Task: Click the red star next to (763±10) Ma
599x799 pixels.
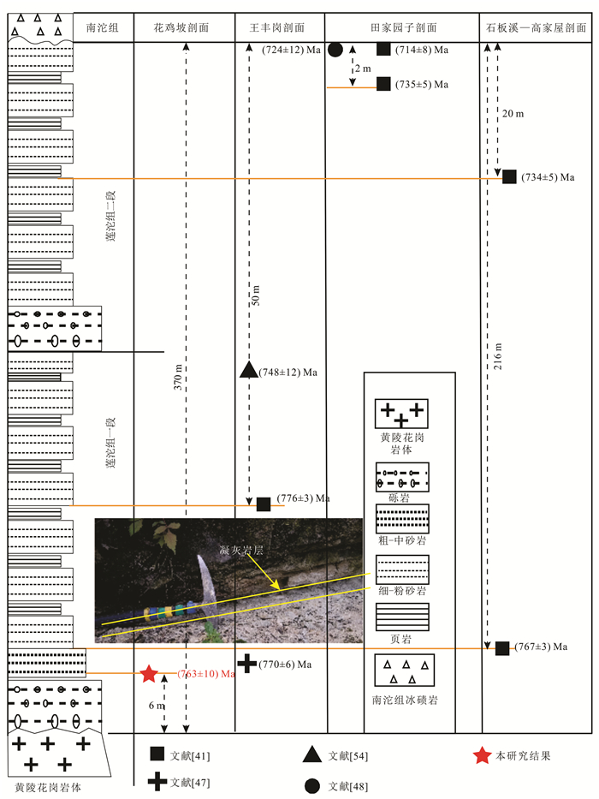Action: (149, 673)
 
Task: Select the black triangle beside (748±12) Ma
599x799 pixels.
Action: (248, 370)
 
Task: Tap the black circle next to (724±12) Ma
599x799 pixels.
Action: (335, 51)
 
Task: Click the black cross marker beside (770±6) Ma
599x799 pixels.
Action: (247, 662)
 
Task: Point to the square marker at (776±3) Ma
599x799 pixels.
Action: (264, 504)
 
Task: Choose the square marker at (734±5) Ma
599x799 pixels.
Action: (509, 177)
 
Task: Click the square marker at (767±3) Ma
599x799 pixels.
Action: (502, 647)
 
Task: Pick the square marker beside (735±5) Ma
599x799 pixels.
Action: (383, 84)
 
